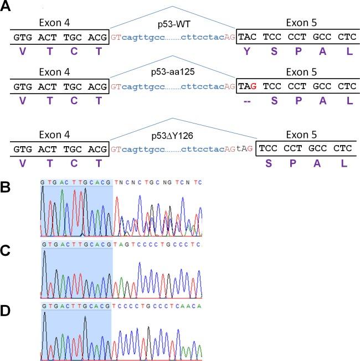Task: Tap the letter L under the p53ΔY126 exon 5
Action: pyautogui.click(x=347, y=163)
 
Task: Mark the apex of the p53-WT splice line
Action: pyautogui.click(x=172, y=6)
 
